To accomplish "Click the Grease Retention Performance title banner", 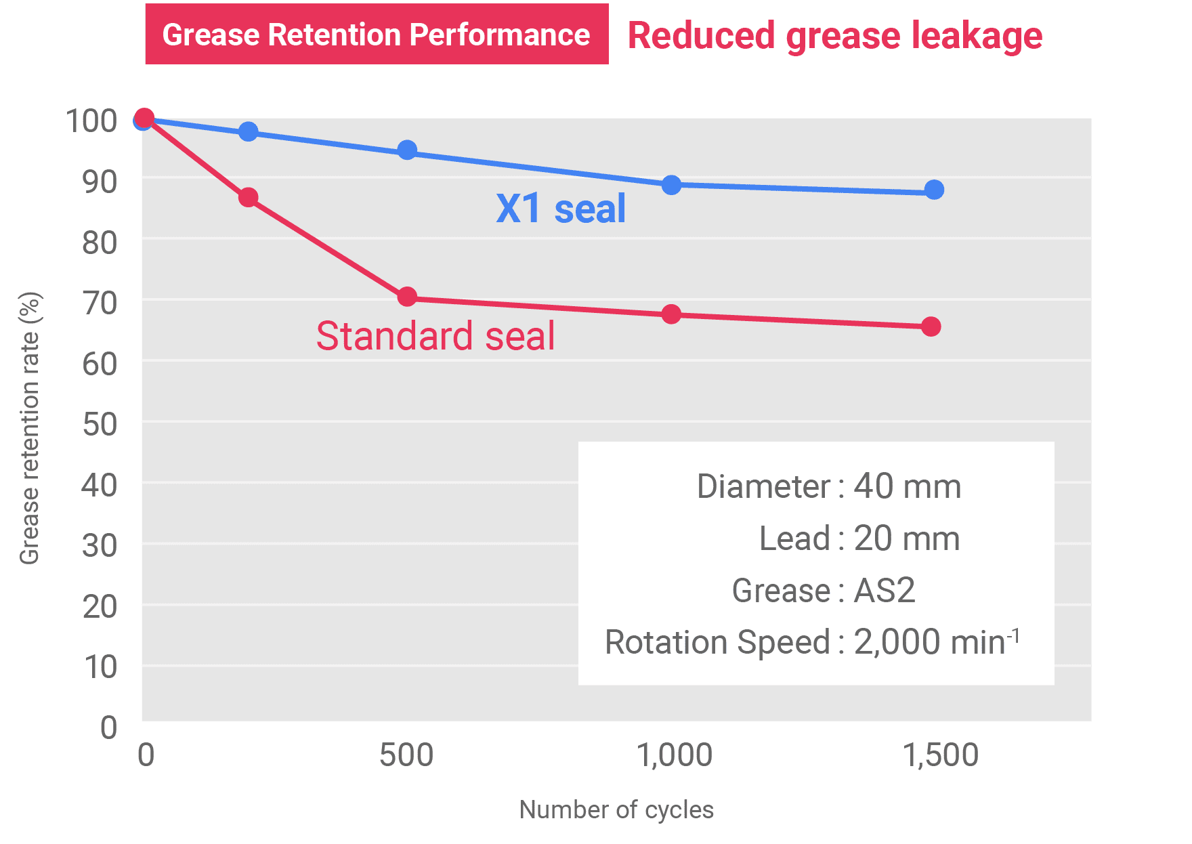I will click(x=377, y=35).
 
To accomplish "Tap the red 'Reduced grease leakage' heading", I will click(x=834, y=36).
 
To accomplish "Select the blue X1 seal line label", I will click(x=561, y=209).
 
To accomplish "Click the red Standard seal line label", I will click(x=435, y=336).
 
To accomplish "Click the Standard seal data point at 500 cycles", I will click(x=407, y=297).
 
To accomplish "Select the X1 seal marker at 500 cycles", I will click(x=407, y=150).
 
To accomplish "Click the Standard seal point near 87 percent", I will click(x=249, y=198).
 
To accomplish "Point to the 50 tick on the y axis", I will click(x=99, y=425).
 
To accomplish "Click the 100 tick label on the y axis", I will click(x=93, y=121).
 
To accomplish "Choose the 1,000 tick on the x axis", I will click(x=676, y=755).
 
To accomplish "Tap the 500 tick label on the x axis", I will click(x=406, y=755).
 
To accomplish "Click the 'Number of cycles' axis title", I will click(x=616, y=809).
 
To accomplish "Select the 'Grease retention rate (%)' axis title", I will click(x=30, y=428).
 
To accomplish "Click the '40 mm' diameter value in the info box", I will click(x=907, y=486).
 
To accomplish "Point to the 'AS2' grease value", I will click(x=885, y=591).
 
